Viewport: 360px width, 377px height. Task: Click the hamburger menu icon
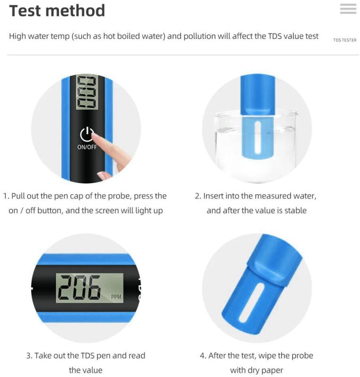click(x=348, y=8)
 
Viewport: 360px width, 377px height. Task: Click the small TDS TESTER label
click(x=344, y=40)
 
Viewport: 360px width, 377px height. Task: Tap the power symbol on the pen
click(x=86, y=134)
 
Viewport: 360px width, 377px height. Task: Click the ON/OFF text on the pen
click(x=87, y=147)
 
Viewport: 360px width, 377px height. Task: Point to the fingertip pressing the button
click(x=94, y=136)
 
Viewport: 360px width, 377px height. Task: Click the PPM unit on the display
click(x=116, y=297)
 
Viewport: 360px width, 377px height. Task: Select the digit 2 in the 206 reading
click(x=66, y=287)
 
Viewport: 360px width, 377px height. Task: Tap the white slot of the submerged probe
click(x=257, y=137)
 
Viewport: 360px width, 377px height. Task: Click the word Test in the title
click(x=25, y=11)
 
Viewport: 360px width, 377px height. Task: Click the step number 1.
click(x=6, y=196)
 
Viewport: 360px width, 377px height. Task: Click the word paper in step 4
click(x=274, y=370)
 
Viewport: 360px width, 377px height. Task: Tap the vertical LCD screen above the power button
click(x=87, y=92)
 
